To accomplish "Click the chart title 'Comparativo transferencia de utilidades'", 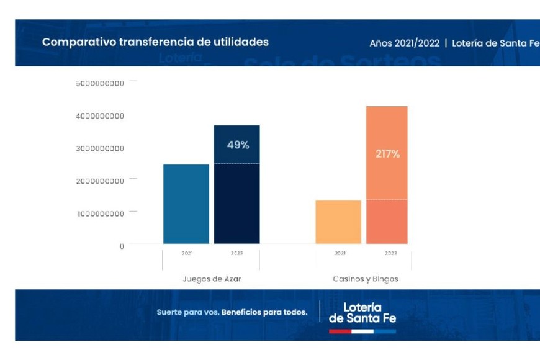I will [155, 42].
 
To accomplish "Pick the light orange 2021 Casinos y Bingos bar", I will [338, 222].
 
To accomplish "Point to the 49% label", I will [238, 145].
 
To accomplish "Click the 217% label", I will [387, 153].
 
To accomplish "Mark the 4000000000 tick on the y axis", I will [101, 116].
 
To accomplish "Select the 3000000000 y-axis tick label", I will [101, 148].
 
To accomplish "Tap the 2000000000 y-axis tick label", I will [101, 181].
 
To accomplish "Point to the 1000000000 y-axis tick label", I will [101, 214].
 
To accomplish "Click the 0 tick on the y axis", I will [122, 246].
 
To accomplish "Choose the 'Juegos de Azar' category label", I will [212, 279].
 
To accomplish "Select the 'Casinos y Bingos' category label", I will [366, 279].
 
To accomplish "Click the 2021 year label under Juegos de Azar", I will [186, 253].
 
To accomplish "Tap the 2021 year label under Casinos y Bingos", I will [340, 253].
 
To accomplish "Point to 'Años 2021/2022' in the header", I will [404, 43].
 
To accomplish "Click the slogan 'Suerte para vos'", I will [187, 312].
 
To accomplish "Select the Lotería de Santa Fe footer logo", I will [362, 312].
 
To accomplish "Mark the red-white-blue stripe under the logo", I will [362, 331].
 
